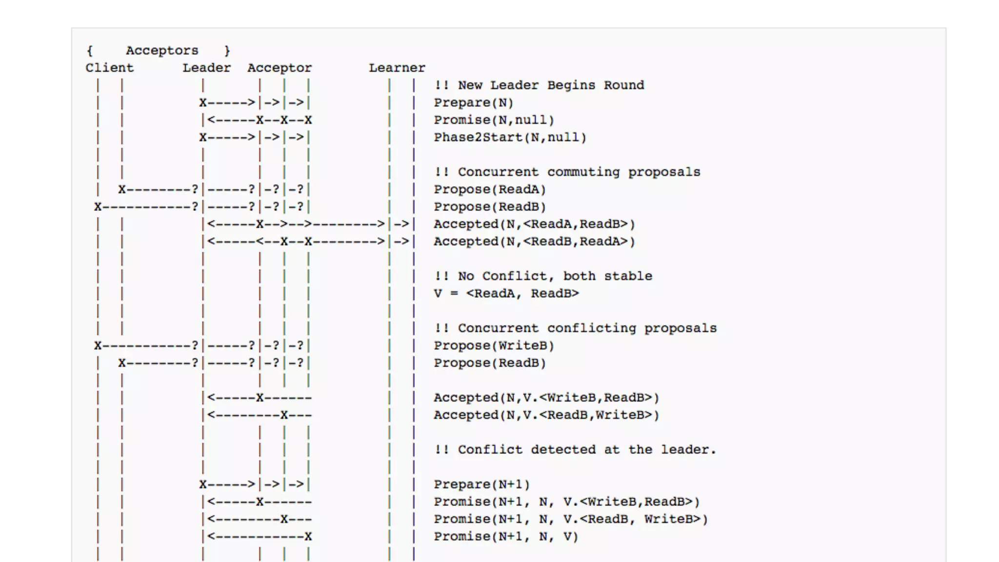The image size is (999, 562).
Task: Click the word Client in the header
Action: (x=109, y=68)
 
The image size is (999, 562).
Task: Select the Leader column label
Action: (x=206, y=68)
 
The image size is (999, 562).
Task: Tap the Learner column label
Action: (x=397, y=68)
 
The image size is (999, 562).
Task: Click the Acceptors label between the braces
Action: (x=162, y=51)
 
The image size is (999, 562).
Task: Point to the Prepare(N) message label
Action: (x=473, y=103)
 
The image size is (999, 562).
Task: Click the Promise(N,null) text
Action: (x=494, y=120)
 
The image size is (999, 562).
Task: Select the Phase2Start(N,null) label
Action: (x=510, y=138)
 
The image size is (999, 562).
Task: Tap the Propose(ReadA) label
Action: (x=490, y=189)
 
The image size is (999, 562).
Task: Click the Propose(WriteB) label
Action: (x=494, y=346)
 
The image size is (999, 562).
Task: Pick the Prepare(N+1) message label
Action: (x=481, y=484)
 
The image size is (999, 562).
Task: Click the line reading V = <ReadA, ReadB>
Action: (x=506, y=294)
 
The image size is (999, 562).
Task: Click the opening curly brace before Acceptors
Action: (x=90, y=51)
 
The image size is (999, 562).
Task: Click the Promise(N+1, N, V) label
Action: (x=506, y=537)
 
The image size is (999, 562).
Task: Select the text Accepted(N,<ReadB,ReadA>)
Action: (x=534, y=241)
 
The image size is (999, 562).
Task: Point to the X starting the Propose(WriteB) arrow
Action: (x=98, y=346)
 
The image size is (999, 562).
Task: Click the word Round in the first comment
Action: (x=624, y=85)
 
